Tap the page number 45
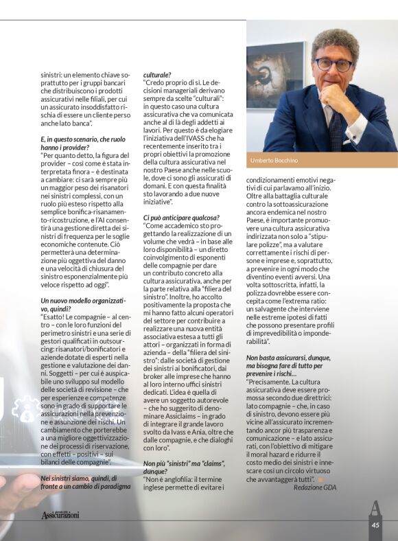click(x=375, y=525)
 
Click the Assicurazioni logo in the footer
click(x=60, y=514)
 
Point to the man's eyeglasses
click(x=333, y=64)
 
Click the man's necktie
click(x=335, y=127)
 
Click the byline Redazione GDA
click(x=315, y=487)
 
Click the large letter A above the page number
click(x=375, y=508)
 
